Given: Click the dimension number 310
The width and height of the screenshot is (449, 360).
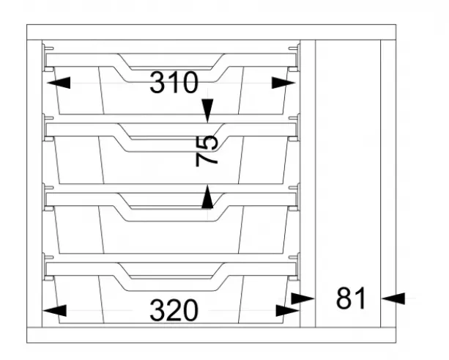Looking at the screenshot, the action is pyautogui.click(x=174, y=83).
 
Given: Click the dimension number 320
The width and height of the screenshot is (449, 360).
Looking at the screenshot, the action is pyautogui.click(x=174, y=310).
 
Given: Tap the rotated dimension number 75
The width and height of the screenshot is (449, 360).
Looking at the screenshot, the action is pyautogui.click(x=207, y=151).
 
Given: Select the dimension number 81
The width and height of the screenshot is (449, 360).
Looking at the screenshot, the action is pyautogui.click(x=351, y=298).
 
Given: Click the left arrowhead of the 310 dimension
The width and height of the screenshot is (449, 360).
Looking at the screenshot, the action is pyautogui.click(x=59, y=83).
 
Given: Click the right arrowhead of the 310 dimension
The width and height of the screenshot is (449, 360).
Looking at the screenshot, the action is pyautogui.click(x=283, y=83).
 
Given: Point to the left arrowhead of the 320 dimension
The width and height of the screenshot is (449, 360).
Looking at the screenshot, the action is pyautogui.click(x=54, y=310).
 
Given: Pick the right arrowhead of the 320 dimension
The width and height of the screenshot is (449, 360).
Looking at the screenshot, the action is pyautogui.click(x=288, y=310).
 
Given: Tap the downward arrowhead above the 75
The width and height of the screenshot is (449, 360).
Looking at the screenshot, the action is pyautogui.click(x=207, y=111).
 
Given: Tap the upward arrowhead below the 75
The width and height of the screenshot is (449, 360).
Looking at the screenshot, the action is pyautogui.click(x=207, y=197).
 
